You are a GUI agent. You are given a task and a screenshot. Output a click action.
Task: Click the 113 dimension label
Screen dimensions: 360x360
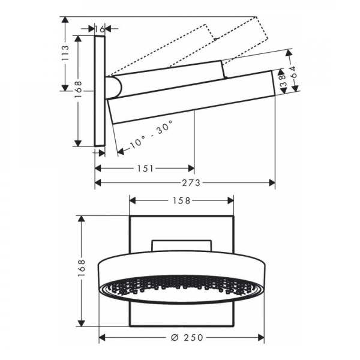click(x=65, y=53)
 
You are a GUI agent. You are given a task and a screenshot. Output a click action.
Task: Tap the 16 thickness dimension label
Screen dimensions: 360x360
click(x=100, y=29)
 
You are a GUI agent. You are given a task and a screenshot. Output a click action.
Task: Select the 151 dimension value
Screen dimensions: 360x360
click(x=145, y=169)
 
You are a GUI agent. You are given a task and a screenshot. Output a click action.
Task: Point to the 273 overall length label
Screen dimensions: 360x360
click(x=191, y=183)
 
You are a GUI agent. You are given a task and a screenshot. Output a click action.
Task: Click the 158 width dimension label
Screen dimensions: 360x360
click(x=181, y=201)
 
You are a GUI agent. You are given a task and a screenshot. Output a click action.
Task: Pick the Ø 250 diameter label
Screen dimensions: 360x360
click(x=187, y=337)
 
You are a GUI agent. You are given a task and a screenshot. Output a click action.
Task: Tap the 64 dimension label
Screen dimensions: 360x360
click(x=292, y=72)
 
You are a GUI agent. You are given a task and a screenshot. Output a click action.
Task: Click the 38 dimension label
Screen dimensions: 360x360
click(x=283, y=81)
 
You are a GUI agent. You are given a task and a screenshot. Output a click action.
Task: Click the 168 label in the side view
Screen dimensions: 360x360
click(x=78, y=89)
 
